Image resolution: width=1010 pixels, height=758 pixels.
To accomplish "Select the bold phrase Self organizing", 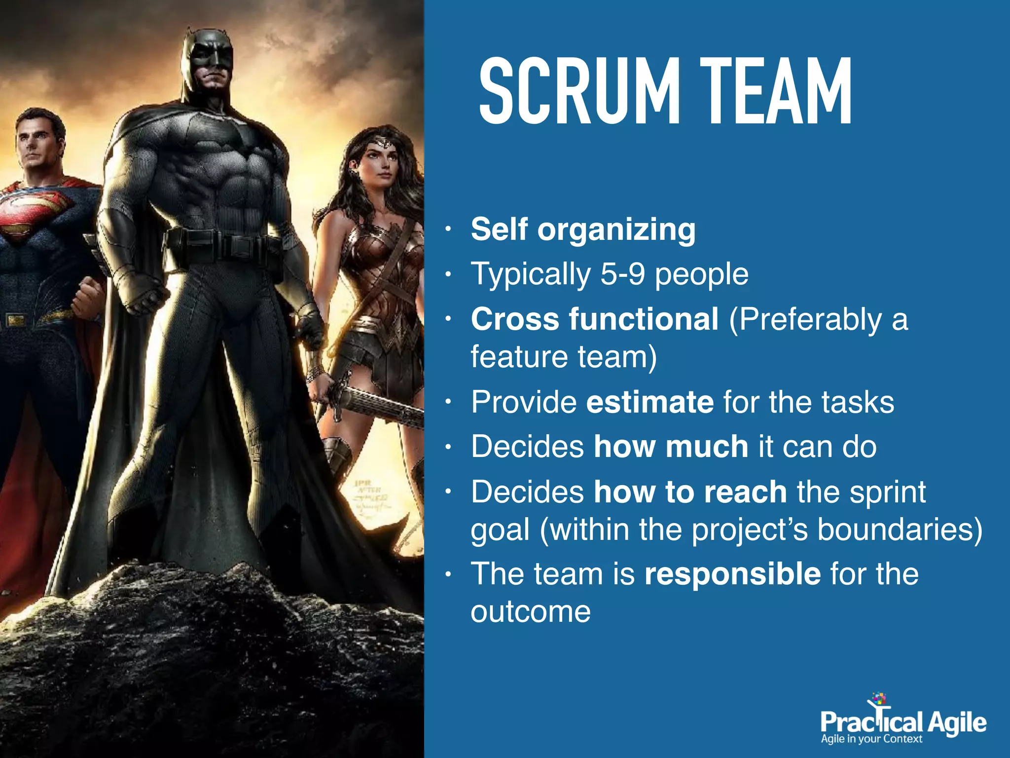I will (x=583, y=229).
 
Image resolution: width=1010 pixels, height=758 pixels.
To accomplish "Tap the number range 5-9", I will (x=622, y=274).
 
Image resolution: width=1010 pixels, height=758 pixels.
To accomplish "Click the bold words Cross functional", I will (x=594, y=319).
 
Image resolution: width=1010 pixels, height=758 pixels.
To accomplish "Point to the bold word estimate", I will (x=649, y=402).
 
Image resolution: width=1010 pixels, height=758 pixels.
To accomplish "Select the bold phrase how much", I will (x=671, y=447).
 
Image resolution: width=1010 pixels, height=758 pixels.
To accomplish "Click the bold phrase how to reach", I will (x=690, y=492).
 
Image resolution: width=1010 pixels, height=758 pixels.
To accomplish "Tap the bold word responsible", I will (x=732, y=574).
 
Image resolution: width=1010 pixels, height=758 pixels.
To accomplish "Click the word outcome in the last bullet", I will (x=530, y=612).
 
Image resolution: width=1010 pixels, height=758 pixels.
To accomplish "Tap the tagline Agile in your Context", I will (x=871, y=739).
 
